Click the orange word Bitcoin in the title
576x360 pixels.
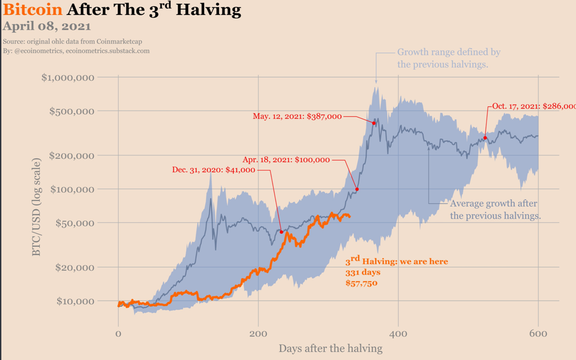32,10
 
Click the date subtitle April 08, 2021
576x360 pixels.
47,26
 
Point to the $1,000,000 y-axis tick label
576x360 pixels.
68,78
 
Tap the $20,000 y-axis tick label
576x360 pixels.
75,267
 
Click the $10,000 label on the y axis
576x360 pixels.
75,301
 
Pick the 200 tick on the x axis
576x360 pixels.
258,333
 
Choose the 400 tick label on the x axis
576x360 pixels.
398,333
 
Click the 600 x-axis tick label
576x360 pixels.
538,333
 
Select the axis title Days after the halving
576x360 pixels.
330,349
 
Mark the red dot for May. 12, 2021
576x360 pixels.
374,123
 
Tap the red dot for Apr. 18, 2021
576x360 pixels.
357,190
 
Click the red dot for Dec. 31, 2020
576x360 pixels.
282,232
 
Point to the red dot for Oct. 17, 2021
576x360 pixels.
485,138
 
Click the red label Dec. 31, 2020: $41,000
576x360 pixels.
214,170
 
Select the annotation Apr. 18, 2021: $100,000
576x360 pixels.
286,159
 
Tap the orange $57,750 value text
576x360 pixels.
361,283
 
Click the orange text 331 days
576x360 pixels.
363,272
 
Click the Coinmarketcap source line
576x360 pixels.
72,41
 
